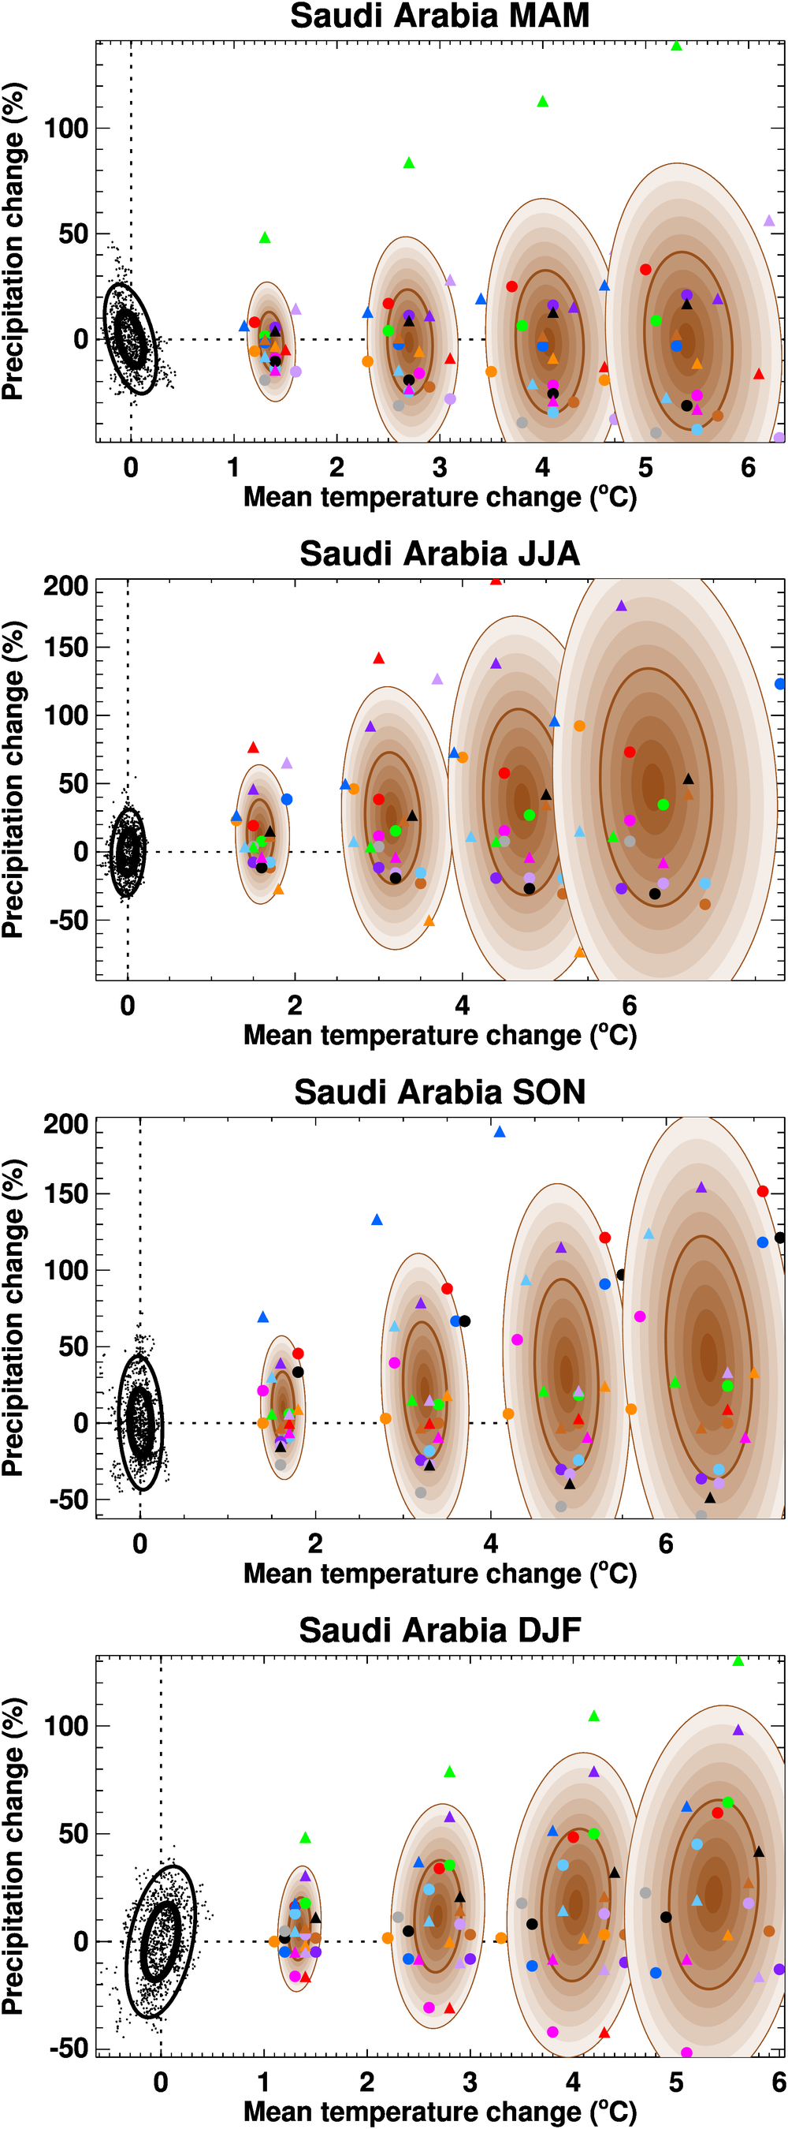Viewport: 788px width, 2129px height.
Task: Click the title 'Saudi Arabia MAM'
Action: pyautogui.click(x=440, y=17)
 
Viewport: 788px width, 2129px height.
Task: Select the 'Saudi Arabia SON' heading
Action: pyautogui.click(x=440, y=1093)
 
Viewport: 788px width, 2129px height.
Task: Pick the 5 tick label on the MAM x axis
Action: pyautogui.click(x=645, y=468)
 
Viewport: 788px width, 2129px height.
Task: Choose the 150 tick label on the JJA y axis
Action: pyautogui.click(x=66, y=647)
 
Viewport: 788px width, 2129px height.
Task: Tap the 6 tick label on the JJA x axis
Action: pyautogui.click(x=630, y=1006)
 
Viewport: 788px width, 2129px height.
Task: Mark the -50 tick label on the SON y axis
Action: pyautogui.click(x=69, y=1500)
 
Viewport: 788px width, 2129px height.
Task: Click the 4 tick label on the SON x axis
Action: pyautogui.click(x=491, y=1544)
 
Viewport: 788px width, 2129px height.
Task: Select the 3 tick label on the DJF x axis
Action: pyautogui.click(x=469, y=2082)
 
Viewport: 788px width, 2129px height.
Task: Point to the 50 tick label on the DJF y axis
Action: pyautogui.click(x=73, y=1834)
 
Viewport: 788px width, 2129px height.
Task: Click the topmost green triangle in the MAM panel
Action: pyautogui.click(x=676, y=47)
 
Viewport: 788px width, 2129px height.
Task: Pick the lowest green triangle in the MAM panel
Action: pyautogui.click(x=265, y=238)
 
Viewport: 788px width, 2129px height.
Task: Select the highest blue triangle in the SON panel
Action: pyautogui.click(x=499, y=1132)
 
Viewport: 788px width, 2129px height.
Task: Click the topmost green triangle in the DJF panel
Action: pyautogui.click(x=738, y=1661)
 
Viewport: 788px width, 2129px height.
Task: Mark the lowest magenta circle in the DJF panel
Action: pyautogui.click(x=686, y=2052)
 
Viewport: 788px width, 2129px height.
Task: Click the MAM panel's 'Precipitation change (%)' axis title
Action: pyautogui.click(x=14, y=241)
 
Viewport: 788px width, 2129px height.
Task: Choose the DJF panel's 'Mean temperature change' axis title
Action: pyautogui.click(x=440, y=2111)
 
